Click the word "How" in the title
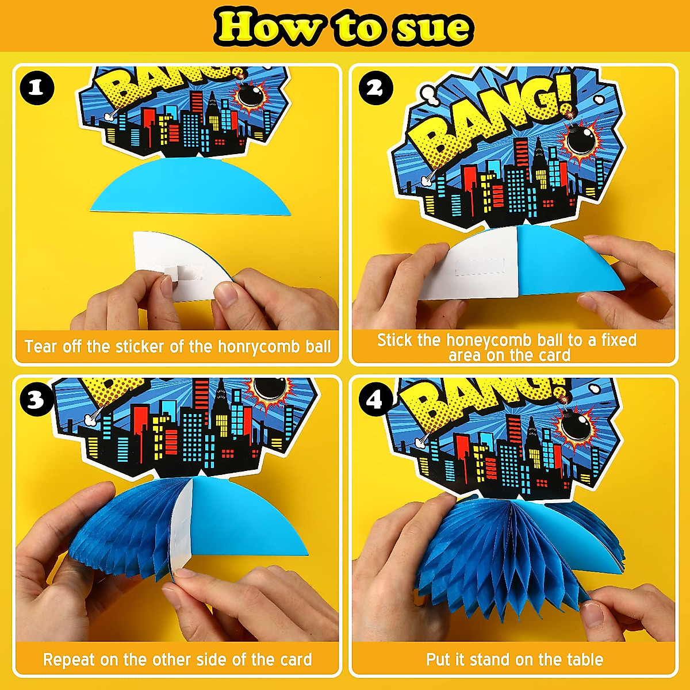click(x=267, y=27)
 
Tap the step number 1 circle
click(x=37, y=88)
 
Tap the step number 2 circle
click(x=375, y=88)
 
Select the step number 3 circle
click(x=36, y=399)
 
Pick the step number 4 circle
click(x=375, y=399)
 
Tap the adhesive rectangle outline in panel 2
click(x=480, y=266)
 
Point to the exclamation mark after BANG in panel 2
click(x=565, y=98)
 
